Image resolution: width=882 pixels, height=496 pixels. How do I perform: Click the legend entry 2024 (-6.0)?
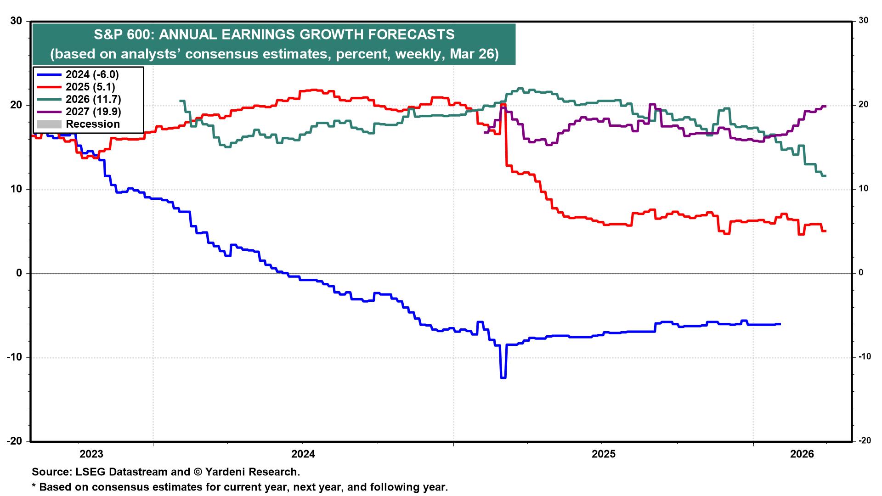92,74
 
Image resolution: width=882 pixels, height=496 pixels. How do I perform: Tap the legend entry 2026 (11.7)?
93,99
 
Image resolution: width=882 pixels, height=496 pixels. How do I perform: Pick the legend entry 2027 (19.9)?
93,112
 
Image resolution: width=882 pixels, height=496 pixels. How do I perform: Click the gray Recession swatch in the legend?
48,124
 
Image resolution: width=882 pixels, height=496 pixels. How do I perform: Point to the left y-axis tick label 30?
16,21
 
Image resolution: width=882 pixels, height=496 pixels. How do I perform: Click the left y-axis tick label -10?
14,357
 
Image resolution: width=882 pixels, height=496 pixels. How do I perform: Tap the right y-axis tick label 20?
863,105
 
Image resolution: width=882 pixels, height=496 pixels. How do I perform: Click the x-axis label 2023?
91,454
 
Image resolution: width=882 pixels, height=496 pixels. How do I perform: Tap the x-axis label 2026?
802,454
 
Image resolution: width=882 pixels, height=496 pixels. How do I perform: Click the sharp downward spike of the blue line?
503,377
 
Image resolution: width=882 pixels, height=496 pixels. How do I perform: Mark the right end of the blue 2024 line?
780,324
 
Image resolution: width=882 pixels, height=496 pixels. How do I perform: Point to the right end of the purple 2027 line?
825,107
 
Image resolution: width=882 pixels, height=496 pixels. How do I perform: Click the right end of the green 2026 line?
825,176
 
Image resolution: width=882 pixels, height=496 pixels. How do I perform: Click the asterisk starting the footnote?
34,486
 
